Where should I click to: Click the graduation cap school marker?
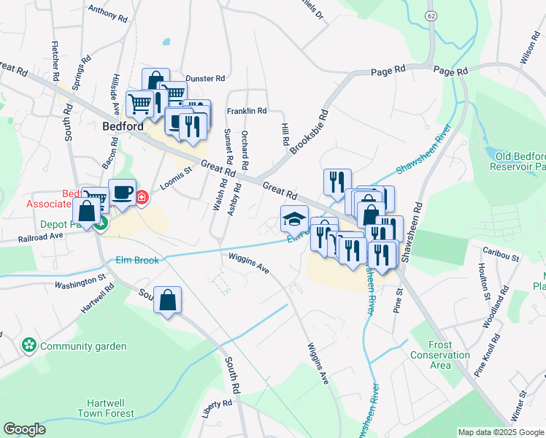tap(294, 218)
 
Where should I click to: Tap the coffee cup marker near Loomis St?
tap(122, 193)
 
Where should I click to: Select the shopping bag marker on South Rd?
tap(167, 300)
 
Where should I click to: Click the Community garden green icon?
tap(29, 345)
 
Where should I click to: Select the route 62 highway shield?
tap(431, 15)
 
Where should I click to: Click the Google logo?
tap(24, 429)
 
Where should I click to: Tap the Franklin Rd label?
tap(247, 111)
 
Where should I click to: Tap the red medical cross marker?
tap(142, 197)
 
